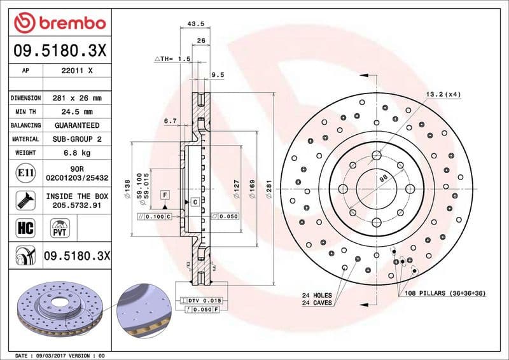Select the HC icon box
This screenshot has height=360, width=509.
(x=22, y=226)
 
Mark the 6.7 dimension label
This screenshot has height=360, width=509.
(x=170, y=120)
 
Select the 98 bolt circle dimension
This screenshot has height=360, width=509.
(x=383, y=179)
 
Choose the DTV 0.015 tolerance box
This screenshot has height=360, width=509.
(x=204, y=300)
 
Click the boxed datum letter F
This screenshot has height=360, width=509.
(x=165, y=194)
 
